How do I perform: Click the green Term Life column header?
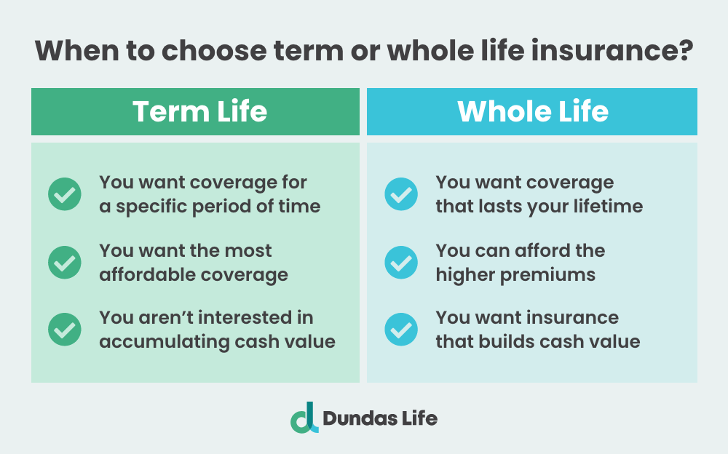click(195, 111)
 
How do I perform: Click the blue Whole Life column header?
click(532, 111)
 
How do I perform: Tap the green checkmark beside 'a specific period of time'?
click(65, 194)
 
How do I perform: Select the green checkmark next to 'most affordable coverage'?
click(65, 262)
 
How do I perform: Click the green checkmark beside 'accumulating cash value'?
click(65, 330)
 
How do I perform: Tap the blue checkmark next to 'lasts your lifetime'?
click(401, 194)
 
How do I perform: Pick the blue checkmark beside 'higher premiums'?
click(401, 262)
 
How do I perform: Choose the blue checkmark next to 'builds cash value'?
click(401, 330)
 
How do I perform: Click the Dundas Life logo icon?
click(304, 418)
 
